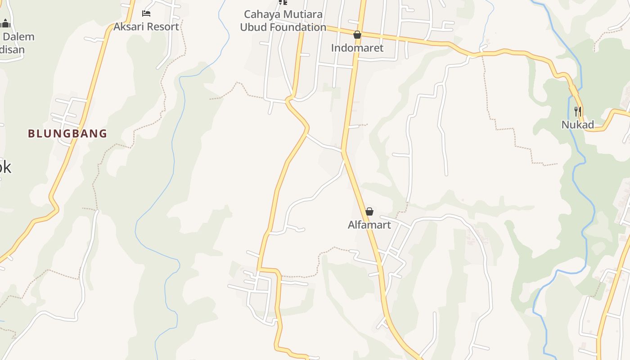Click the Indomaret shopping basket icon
[x=357, y=35]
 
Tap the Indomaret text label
[x=357, y=48]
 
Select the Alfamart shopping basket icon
[x=369, y=211]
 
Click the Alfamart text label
[x=369, y=225]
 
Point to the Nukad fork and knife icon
[x=578, y=111]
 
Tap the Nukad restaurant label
[x=578, y=125]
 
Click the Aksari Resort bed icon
[x=146, y=13]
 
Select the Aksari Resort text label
[x=146, y=27]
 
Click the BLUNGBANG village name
[x=67, y=134]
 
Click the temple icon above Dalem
[x=5, y=23]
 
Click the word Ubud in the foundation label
[x=252, y=27]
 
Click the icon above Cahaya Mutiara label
[x=283, y=2]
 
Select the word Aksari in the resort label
[x=127, y=27]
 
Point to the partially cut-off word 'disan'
[x=12, y=49]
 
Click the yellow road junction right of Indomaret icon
[x=361, y=34]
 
